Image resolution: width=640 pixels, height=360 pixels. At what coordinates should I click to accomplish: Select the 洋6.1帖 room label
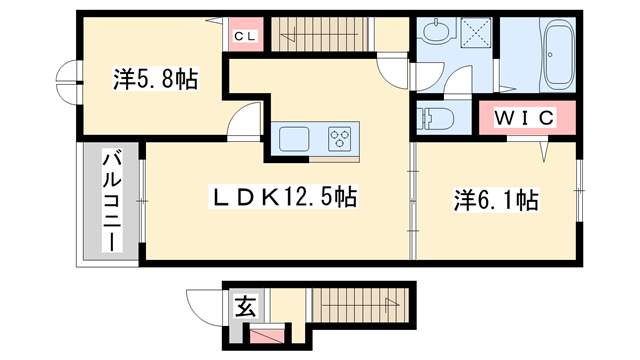[x=496, y=201]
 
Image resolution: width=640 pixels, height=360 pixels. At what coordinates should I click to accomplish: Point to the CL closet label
[x=245, y=36]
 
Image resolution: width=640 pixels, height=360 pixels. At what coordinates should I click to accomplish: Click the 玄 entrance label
[x=243, y=305]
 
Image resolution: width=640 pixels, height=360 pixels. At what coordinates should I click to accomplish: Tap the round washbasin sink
[x=433, y=35]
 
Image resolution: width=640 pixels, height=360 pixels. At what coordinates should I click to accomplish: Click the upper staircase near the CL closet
[x=315, y=36]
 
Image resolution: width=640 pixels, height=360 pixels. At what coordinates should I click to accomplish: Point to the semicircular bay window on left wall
[x=67, y=82]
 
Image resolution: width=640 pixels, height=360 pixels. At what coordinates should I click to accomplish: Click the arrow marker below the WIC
[x=545, y=151]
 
